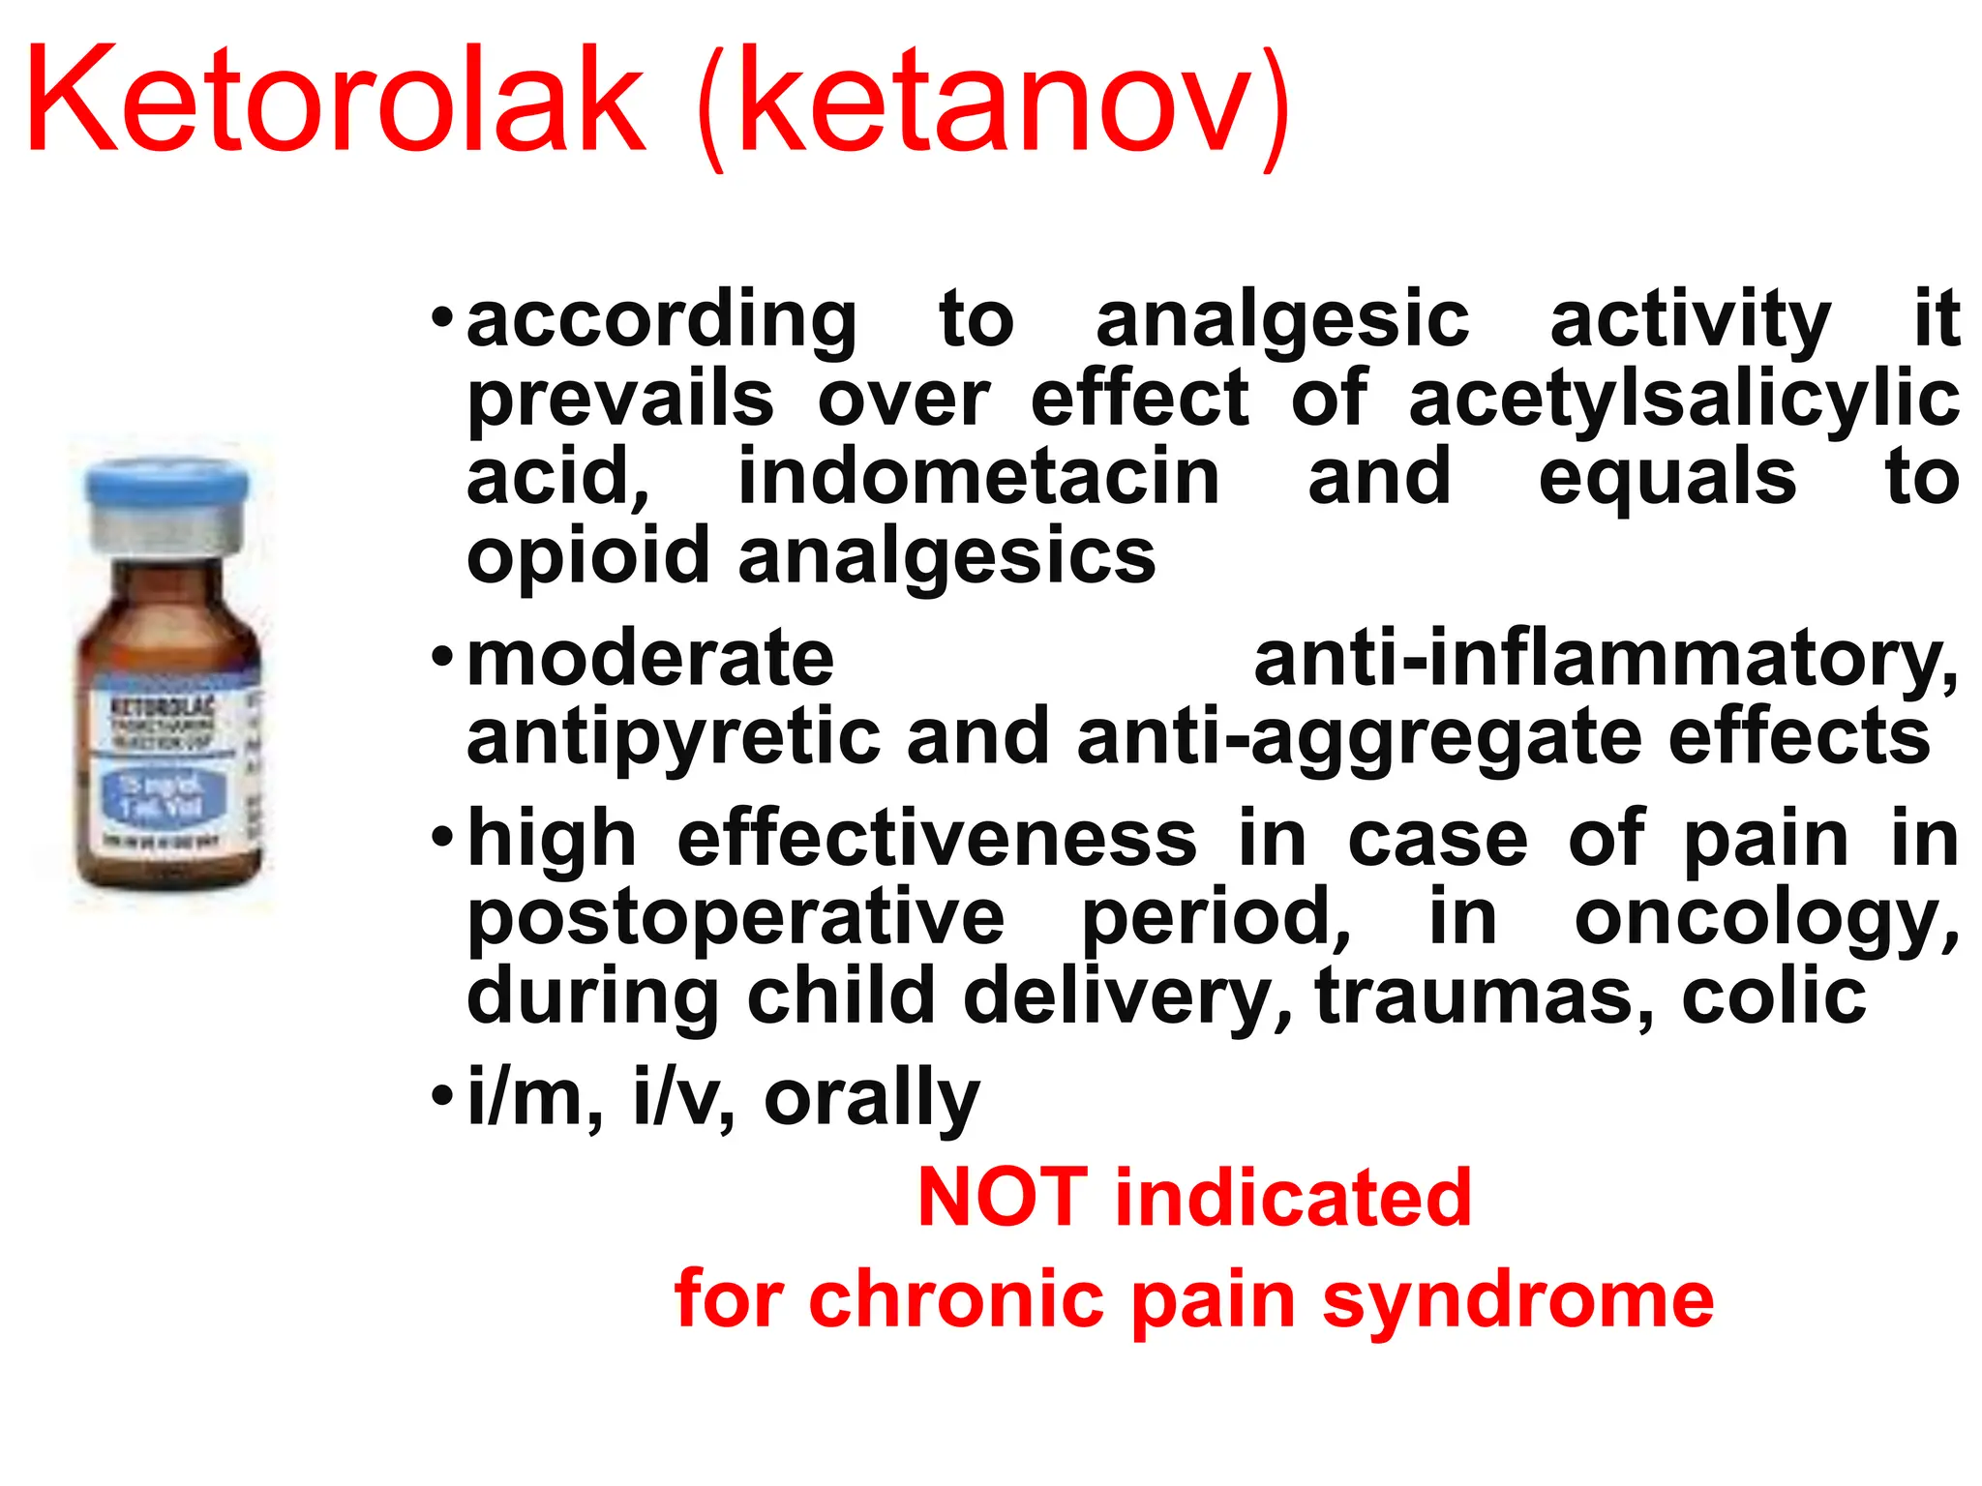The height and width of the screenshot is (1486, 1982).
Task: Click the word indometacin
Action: click(x=978, y=478)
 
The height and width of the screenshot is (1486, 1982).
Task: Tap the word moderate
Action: click(x=650, y=659)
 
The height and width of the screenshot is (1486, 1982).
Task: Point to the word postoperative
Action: click(x=736, y=919)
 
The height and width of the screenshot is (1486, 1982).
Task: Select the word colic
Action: click(x=1774, y=996)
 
